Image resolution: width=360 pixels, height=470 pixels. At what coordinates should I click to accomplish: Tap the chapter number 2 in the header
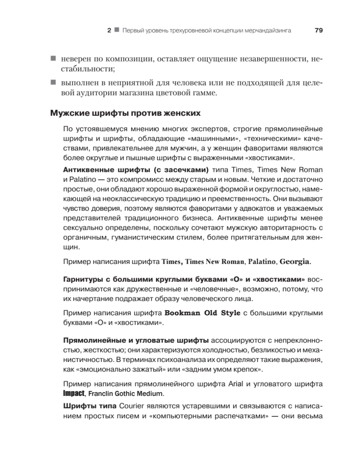(109, 31)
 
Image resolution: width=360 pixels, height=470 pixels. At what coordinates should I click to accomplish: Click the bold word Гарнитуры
(86, 280)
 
